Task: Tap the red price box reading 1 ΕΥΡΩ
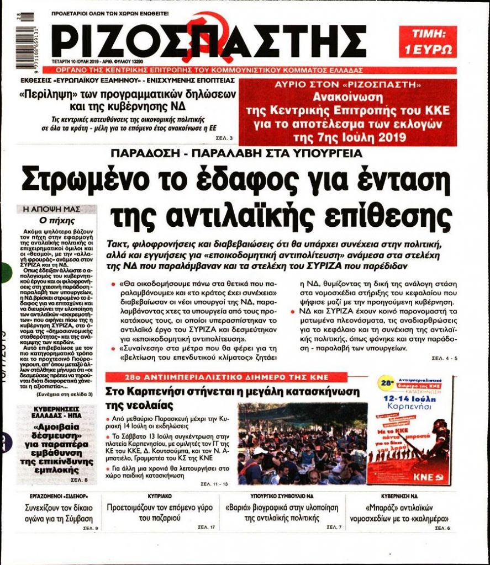pyautogui.click(x=427, y=42)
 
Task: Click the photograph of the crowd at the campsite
pyautogui.click(x=303, y=444)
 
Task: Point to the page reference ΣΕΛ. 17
pyautogui.click(x=206, y=527)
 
